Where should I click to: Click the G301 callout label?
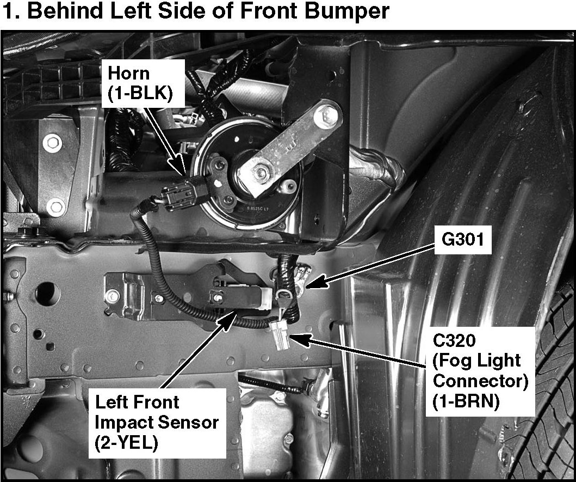click(x=463, y=240)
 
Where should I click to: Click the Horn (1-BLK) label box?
click(x=143, y=83)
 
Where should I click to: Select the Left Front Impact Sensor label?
click(x=157, y=423)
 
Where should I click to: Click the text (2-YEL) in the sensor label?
click(x=126, y=443)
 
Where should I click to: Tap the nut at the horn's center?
click(x=262, y=172)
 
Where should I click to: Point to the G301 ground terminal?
click(x=302, y=279)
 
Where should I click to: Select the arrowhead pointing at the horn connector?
click(x=180, y=165)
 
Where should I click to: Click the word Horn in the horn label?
click(x=128, y=74)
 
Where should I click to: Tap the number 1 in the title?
click(x=9, y=11)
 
